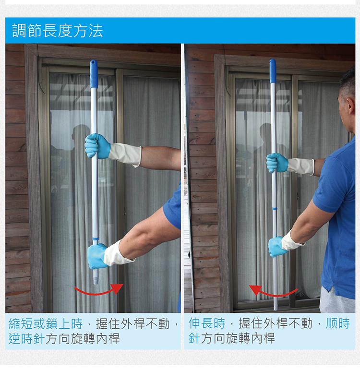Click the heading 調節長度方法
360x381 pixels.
(x=58, y=31)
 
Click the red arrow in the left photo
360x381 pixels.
(x=97, y=293)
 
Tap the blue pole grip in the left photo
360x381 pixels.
(x=94, y=74)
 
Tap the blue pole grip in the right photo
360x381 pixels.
(x=273, y=71)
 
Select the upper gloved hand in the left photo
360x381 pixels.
(x=97, y=146)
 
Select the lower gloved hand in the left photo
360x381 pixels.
(x=97, y=256)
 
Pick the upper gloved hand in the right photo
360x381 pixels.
(x=277, y=163)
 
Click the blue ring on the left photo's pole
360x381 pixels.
(x=95, y=239)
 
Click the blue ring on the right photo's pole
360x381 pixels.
(x=275, y=208)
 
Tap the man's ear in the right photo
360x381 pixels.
(x=351, y=106)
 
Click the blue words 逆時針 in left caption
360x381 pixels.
(x=27, y=338)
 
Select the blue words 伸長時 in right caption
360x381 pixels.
(x=207, y=323)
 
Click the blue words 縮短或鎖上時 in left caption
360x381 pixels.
(x=46, y=324)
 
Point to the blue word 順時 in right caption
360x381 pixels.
(x=337, y=323)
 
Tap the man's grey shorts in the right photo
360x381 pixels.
(x=336, y=300)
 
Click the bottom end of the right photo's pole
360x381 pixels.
(x=276, y=310)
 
